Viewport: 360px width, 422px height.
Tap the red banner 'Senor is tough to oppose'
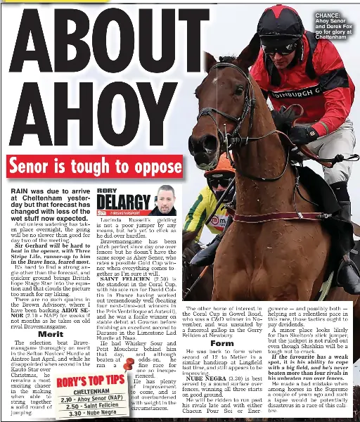click(x=95, y=167)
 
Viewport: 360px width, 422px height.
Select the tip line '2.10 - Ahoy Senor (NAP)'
click(x=91, y=399)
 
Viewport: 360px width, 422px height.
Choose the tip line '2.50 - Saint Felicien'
click(x=91, y=406)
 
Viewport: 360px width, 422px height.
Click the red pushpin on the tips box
click(x=128, y=364)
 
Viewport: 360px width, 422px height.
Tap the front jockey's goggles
click(x=279, y=49)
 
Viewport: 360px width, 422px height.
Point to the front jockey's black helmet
click(x=280, y=25)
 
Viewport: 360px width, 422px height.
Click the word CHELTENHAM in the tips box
click(x=91, y=391)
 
